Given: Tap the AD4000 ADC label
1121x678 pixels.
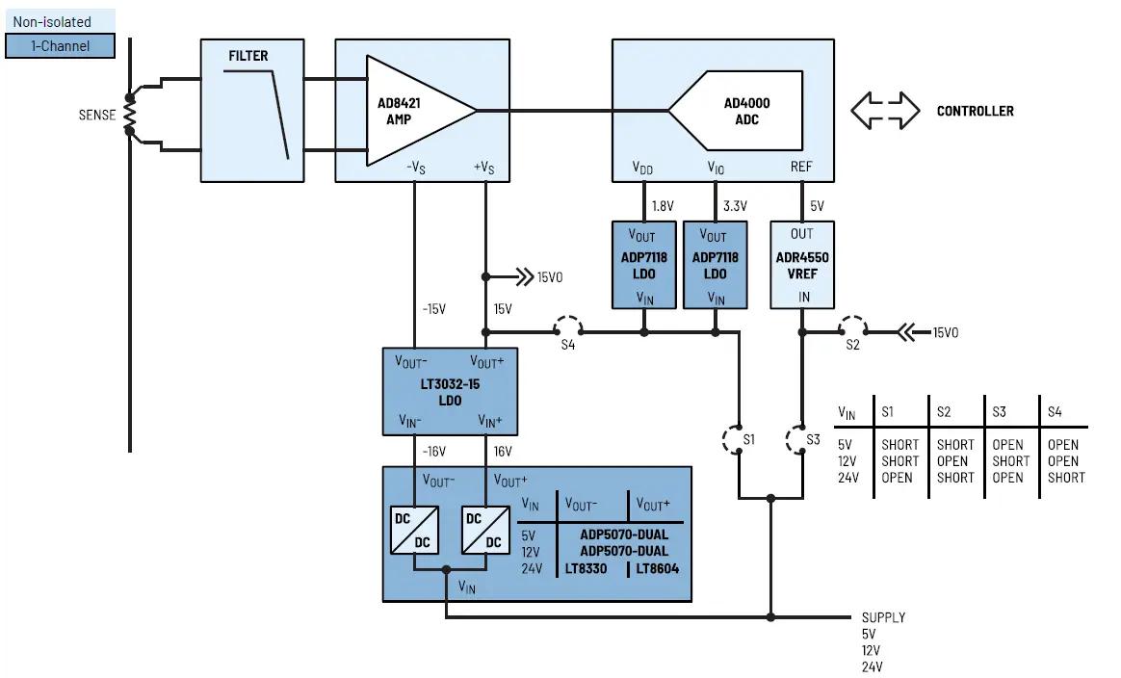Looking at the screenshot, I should tap(746, 111).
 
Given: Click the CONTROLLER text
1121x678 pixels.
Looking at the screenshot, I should tap(975, 111).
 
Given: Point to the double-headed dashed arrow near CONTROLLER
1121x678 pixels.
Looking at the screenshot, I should tap(884, 111).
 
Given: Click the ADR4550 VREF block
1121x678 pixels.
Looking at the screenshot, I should tap(801, 265).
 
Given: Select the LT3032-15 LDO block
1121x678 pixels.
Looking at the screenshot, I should tap(450, 391).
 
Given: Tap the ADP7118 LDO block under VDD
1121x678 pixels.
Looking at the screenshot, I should tap(644, 265).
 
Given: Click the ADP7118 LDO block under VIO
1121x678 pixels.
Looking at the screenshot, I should tap(715, 265).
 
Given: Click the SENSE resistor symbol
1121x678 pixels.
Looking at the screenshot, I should tap(130, 116).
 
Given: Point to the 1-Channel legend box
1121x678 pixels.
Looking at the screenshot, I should tap(60, 45).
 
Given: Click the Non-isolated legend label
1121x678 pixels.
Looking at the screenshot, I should tap(52, 21).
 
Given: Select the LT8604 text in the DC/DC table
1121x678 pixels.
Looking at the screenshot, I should tap(657, 568).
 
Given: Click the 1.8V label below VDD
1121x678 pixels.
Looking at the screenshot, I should tap(662, 205).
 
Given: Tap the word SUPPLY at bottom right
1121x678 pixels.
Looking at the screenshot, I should tap(882, 617).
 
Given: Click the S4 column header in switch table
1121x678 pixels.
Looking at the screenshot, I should tap(1055, 412).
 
